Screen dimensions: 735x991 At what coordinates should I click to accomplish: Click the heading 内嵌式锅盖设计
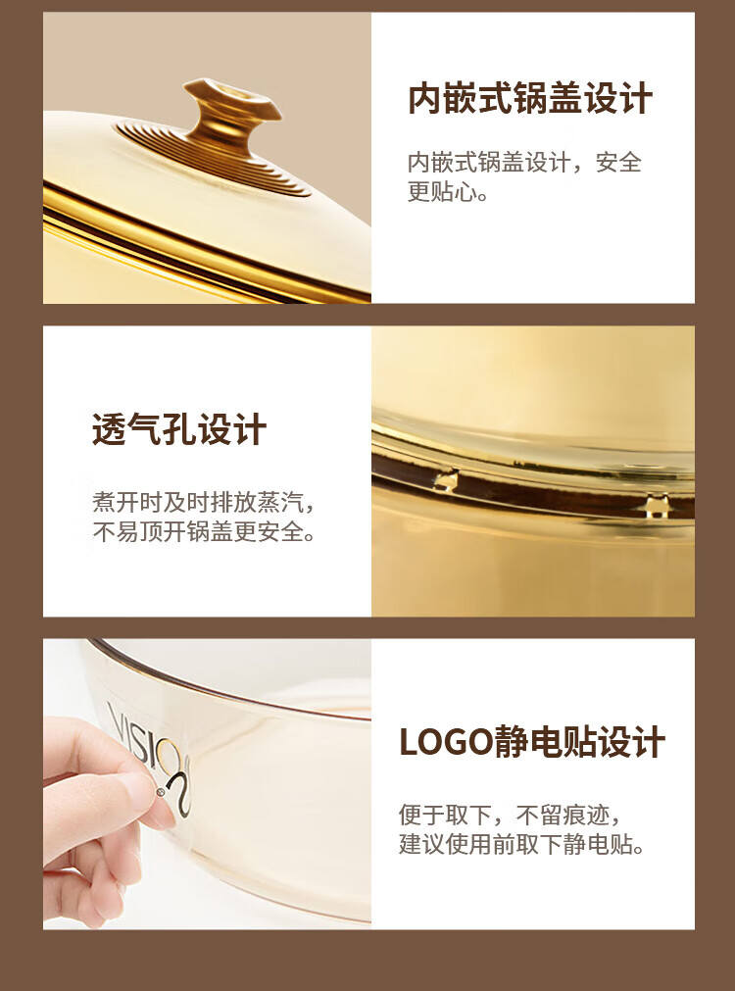click(529, 99)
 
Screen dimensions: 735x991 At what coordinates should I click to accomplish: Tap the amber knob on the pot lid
click(231, 115)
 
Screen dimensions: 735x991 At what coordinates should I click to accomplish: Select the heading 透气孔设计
click(179, 430)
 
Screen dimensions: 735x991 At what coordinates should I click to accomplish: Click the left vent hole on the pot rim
click(447, 479)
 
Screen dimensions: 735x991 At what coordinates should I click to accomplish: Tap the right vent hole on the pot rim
click(658, 506)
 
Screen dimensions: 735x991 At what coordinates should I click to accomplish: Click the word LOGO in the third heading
click(446, 742)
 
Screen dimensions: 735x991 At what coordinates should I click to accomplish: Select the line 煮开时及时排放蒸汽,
click(203, 503)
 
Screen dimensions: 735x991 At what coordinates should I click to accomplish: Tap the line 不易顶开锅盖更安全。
click(204, 531)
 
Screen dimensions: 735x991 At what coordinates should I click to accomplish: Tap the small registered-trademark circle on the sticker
click(161, 791)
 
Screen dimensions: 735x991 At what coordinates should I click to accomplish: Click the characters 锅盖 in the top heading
click(547, 99)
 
